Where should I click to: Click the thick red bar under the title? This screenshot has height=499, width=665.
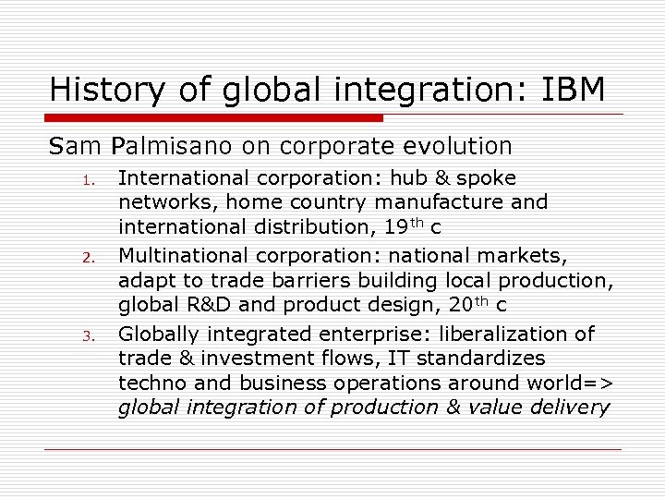point(212,117)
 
